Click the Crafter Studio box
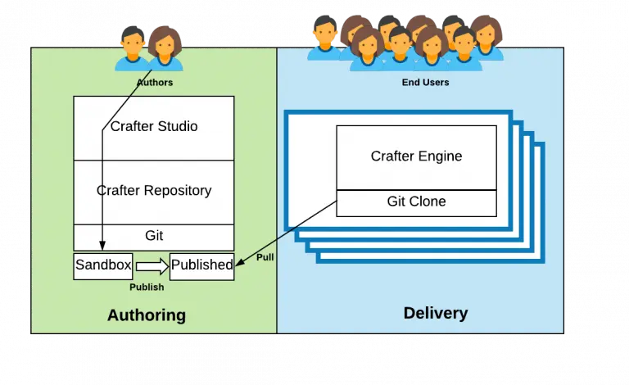point(154,127)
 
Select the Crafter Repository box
point(154,191)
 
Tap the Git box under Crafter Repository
point(154,236)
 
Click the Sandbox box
point(103,265)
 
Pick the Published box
point(201,265)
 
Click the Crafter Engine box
point(416,156)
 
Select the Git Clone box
point(416,201)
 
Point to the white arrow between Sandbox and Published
point(152,266)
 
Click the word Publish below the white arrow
point(147,288)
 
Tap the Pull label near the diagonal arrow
point(265,257)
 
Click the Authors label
point(155,83)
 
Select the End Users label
point(425,83)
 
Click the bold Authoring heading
point(147,315)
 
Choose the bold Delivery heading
point(436,313)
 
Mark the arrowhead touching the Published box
point(237,264)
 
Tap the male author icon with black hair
point(132,48)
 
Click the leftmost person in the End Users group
point(324,38)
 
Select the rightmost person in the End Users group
point(486,38)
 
